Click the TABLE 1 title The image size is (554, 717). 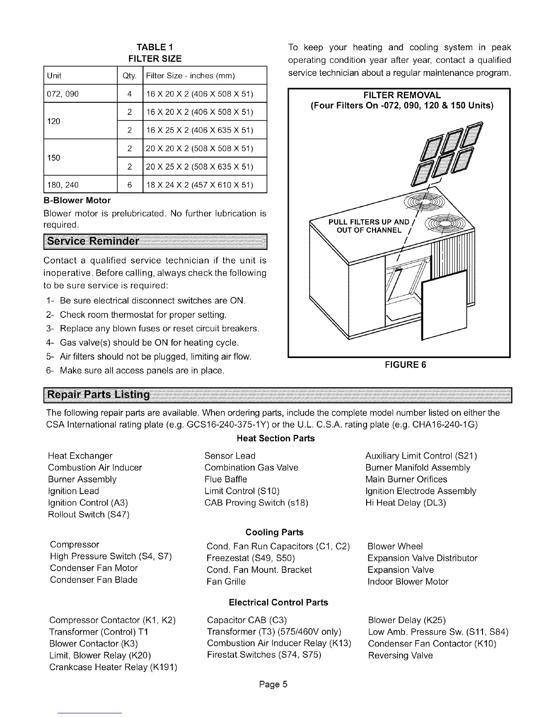tap(155, 47)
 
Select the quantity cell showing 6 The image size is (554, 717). tap(129, 185)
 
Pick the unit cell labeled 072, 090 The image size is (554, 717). tap(63, 94)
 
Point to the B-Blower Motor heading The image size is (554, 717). tap(77, 200)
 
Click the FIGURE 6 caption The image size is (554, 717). tap(399, 365)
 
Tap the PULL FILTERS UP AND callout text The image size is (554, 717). tap(368, 222)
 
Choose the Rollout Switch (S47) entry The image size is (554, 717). tap(89, 515)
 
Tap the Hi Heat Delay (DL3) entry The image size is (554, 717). tap(406, 503)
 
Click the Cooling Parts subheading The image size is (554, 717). tap(274, 532)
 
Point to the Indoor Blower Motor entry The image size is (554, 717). tap(408, 582)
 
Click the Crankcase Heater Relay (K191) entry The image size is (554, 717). tap(113, 667)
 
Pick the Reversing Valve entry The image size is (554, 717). tap(400, 655)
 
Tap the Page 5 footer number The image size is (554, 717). tap(273, 684)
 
